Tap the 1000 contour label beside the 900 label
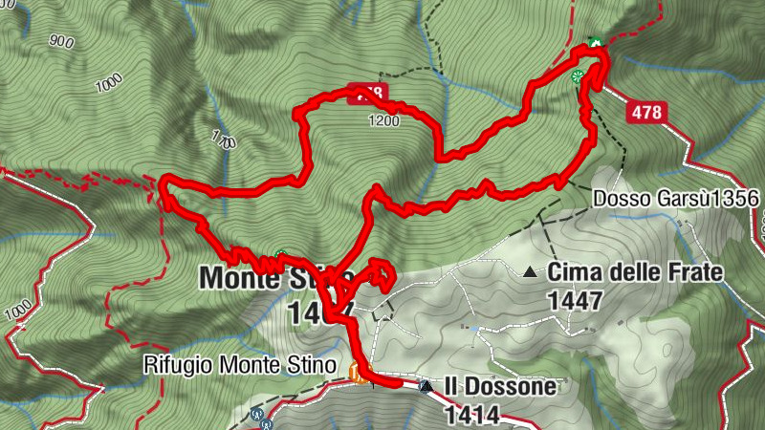(111, 82)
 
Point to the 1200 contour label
(383, 121)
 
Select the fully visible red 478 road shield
(646, 112)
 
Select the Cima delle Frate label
(635, 273)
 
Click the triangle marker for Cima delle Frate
(530, 272)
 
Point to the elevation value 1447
(575, 300)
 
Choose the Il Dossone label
(497, 387)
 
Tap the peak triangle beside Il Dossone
(426, 386)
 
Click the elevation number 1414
(470, 415)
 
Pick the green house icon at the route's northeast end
(595, 43)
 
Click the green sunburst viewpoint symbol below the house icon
(578, 76)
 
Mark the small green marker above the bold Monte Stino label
(281, 255)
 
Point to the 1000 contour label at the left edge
(17, 312)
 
